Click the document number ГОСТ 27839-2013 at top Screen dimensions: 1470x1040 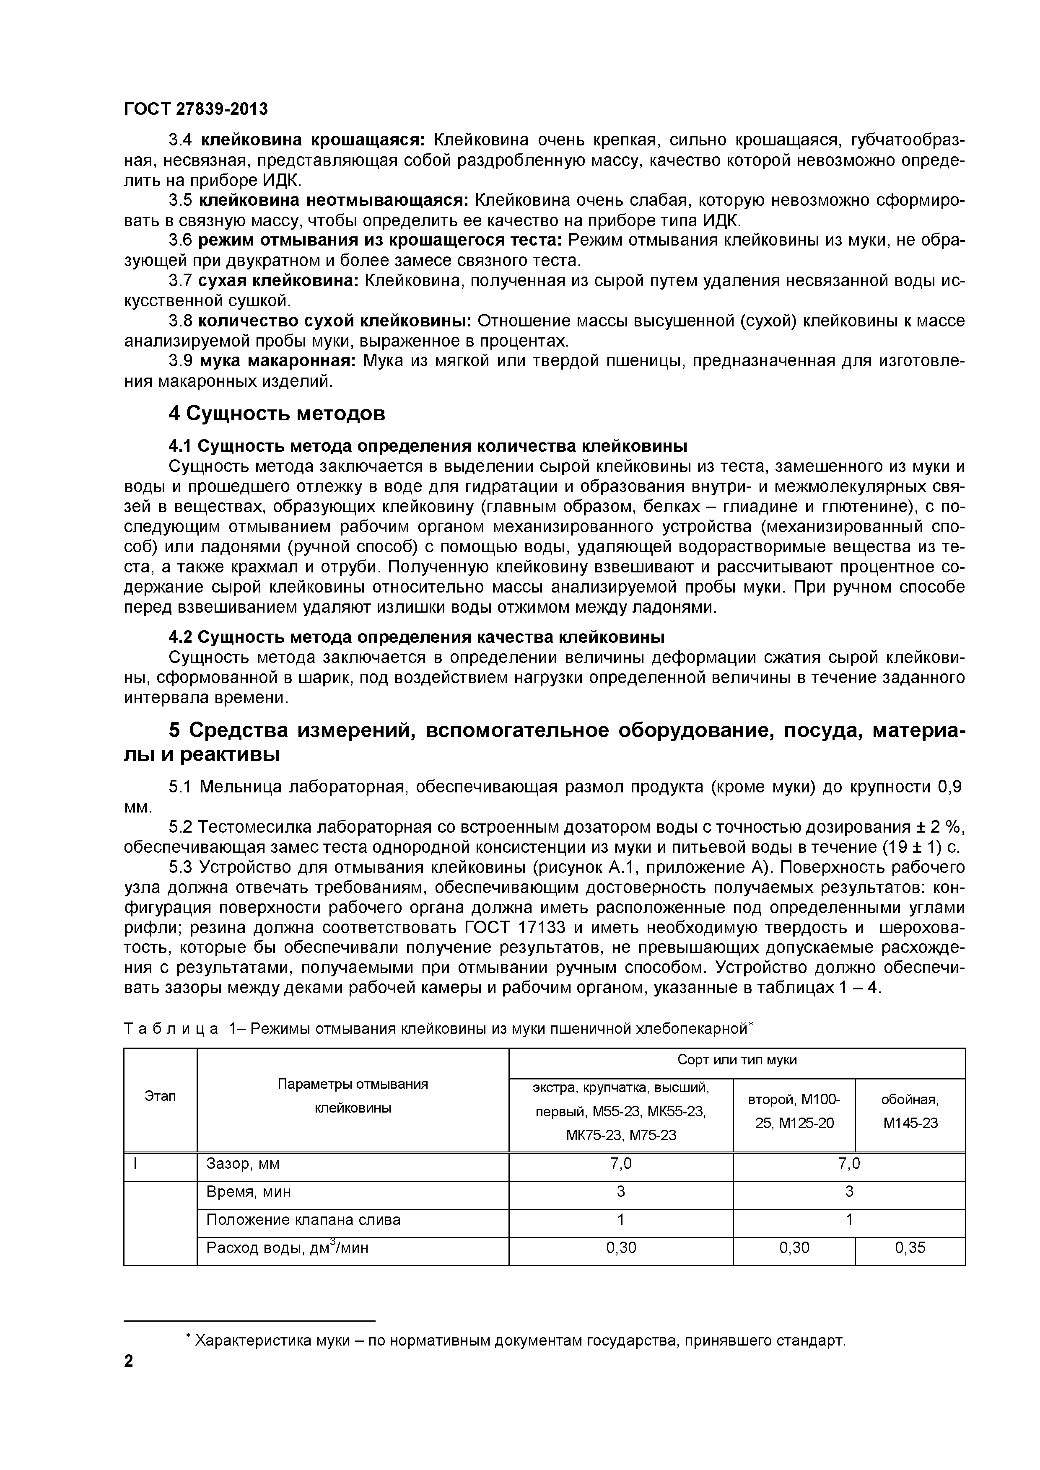[x=196, y=109]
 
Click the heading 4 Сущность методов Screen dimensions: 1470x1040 [x=277, y=414]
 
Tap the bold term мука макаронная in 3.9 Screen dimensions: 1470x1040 [x=278, y=361]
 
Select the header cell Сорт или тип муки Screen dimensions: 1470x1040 [x=737, y=1060]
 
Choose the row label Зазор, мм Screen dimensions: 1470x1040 [x=244, y=1164]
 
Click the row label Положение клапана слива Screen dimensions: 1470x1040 [x=303, y=1220]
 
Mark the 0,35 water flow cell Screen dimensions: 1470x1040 [x=910, y=1248]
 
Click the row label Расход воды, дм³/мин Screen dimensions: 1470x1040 [x=288, y=1248]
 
